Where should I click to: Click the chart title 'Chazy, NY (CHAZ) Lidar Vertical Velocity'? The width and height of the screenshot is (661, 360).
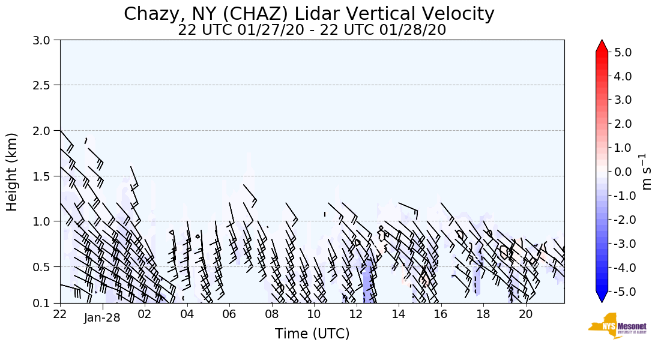click(309, 13)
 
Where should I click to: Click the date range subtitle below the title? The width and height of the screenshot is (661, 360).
click(312, 30)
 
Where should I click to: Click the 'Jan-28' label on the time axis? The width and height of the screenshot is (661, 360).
click(102, 318)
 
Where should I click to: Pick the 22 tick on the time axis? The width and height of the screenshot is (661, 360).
click(60, 314)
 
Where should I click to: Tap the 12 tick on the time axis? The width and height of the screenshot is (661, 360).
click(356, 314)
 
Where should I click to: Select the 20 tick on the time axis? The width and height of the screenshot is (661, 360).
click(525, 314)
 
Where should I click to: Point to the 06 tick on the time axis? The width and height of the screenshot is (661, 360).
click(229, 314)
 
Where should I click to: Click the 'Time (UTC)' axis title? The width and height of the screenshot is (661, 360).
click(312, 334)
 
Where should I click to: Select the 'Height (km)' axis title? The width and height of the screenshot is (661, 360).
click(13, 172)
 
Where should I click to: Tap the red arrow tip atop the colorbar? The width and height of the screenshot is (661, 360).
click(602, 44)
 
